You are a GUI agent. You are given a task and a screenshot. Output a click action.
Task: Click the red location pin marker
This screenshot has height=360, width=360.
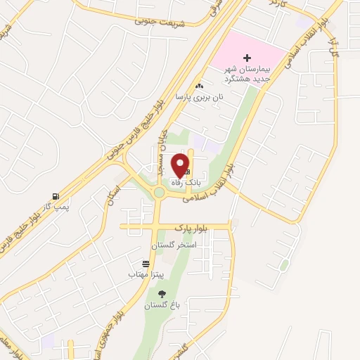click(x=181, y=165)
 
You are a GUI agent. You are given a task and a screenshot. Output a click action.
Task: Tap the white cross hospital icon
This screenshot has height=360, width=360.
click(x=246, y=58)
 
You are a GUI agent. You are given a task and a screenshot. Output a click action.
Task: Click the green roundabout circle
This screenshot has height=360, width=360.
click(x=159, y=193)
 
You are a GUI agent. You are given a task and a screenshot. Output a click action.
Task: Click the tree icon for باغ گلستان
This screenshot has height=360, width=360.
click(x=162, y=295)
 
